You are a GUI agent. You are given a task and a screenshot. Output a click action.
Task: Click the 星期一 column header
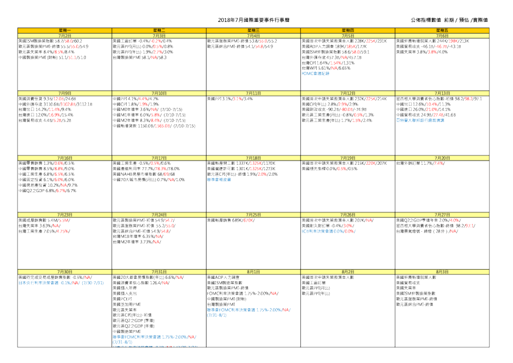point(65,29)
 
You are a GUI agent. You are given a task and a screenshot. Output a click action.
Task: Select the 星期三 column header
point(253,29)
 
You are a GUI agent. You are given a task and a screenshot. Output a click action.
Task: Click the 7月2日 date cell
point(65,35)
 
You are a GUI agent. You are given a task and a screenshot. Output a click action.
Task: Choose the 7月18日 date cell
point(253,157)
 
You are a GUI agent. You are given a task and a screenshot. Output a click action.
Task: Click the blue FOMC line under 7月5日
point(318,74)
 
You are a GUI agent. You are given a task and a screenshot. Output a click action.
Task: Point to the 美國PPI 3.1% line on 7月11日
point(230,99)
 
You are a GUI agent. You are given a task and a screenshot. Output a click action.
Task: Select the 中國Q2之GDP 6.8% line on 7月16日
point(48,190)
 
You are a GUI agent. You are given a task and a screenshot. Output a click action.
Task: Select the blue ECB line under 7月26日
point(328,231)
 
